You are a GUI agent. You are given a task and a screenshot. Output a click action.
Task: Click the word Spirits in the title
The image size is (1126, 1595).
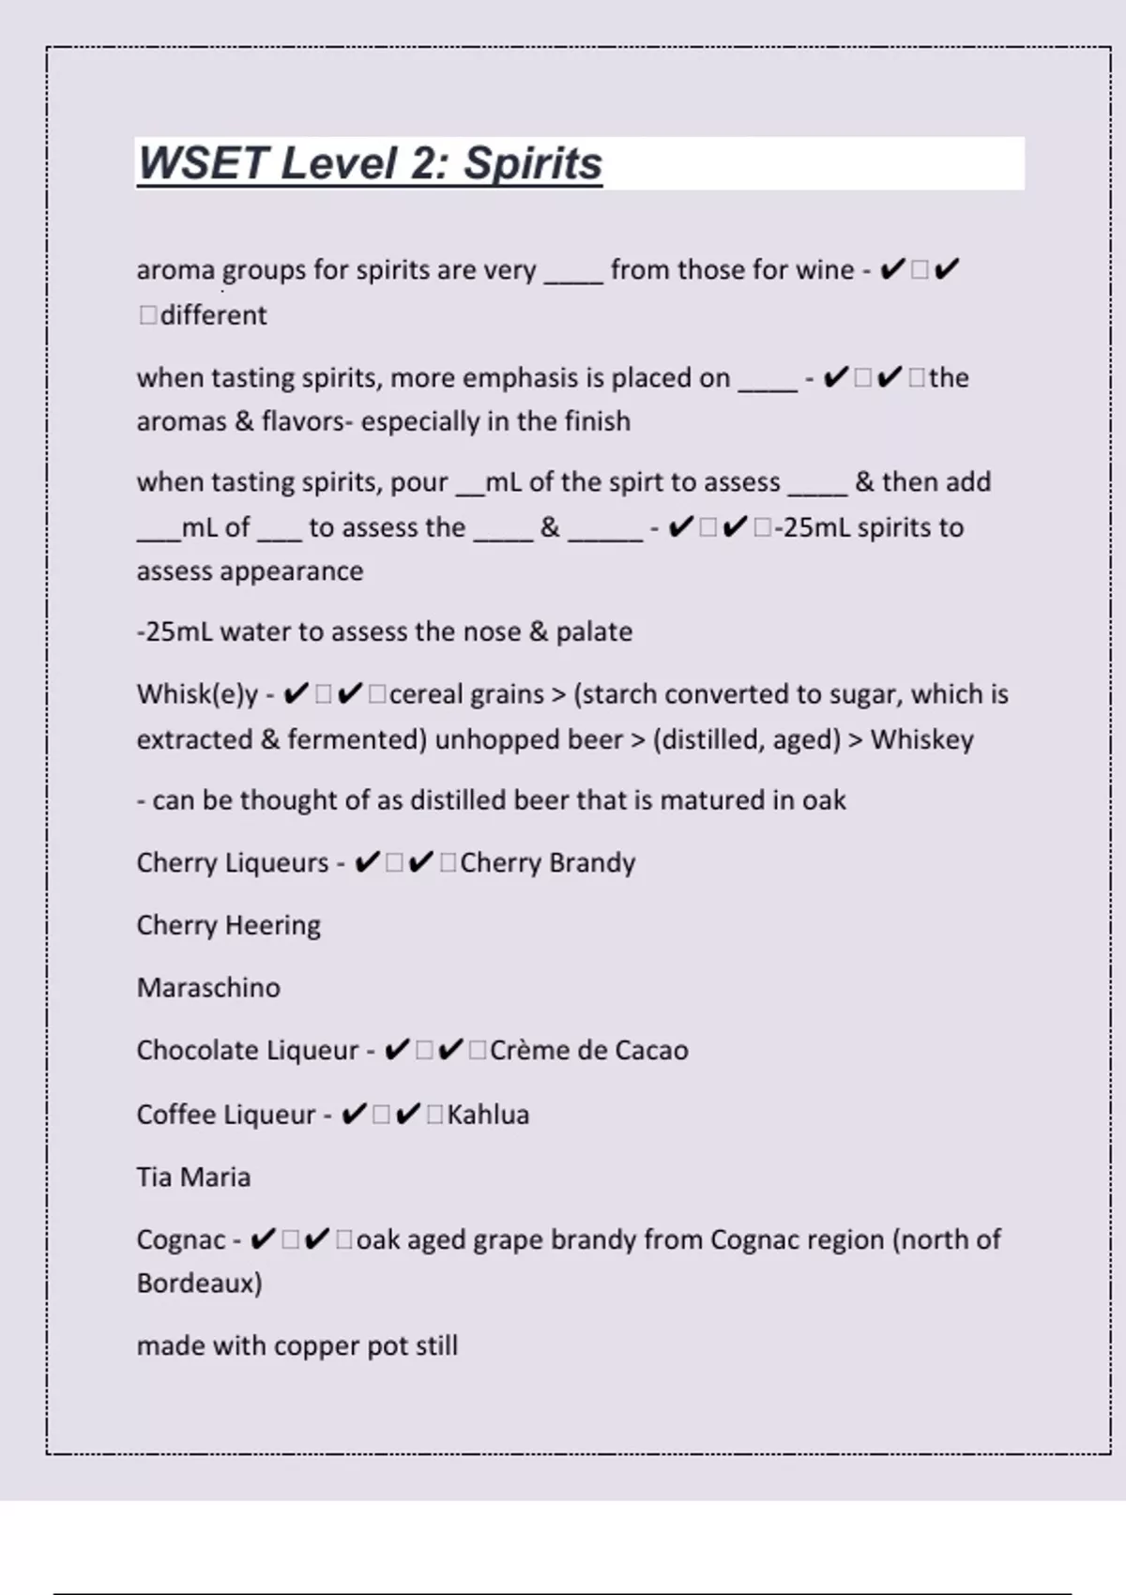click(x=532, y=163)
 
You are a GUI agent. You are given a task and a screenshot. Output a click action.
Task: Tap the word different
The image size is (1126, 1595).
click(x=213, y=315)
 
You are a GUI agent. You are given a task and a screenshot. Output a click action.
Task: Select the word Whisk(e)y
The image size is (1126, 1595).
click(x=197, y=694)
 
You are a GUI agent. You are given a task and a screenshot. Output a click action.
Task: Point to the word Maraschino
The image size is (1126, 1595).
click(x=208, y=988)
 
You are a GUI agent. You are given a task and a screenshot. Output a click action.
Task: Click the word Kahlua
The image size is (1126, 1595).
click(x=488, y=1115)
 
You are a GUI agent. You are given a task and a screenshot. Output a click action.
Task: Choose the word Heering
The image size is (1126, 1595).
click(x=274, y=925)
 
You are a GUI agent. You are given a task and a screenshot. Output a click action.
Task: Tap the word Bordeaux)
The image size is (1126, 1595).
click(x=199, y=1283)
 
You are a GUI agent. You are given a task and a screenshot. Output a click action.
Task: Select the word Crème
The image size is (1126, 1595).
click(x=530, y=1050)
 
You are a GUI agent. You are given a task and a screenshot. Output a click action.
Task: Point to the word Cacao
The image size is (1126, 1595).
click(x=651, y=1050)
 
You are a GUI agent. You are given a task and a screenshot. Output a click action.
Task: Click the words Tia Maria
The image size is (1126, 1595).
click(x=193, y=1177)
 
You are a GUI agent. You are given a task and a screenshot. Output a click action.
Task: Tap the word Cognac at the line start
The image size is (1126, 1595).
click(x=181, y=1239)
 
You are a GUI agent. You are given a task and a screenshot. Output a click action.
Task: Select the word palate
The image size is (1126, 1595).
click(x=594, y=631)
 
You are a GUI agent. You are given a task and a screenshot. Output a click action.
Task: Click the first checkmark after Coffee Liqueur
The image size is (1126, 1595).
click(x=354, y=1115)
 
